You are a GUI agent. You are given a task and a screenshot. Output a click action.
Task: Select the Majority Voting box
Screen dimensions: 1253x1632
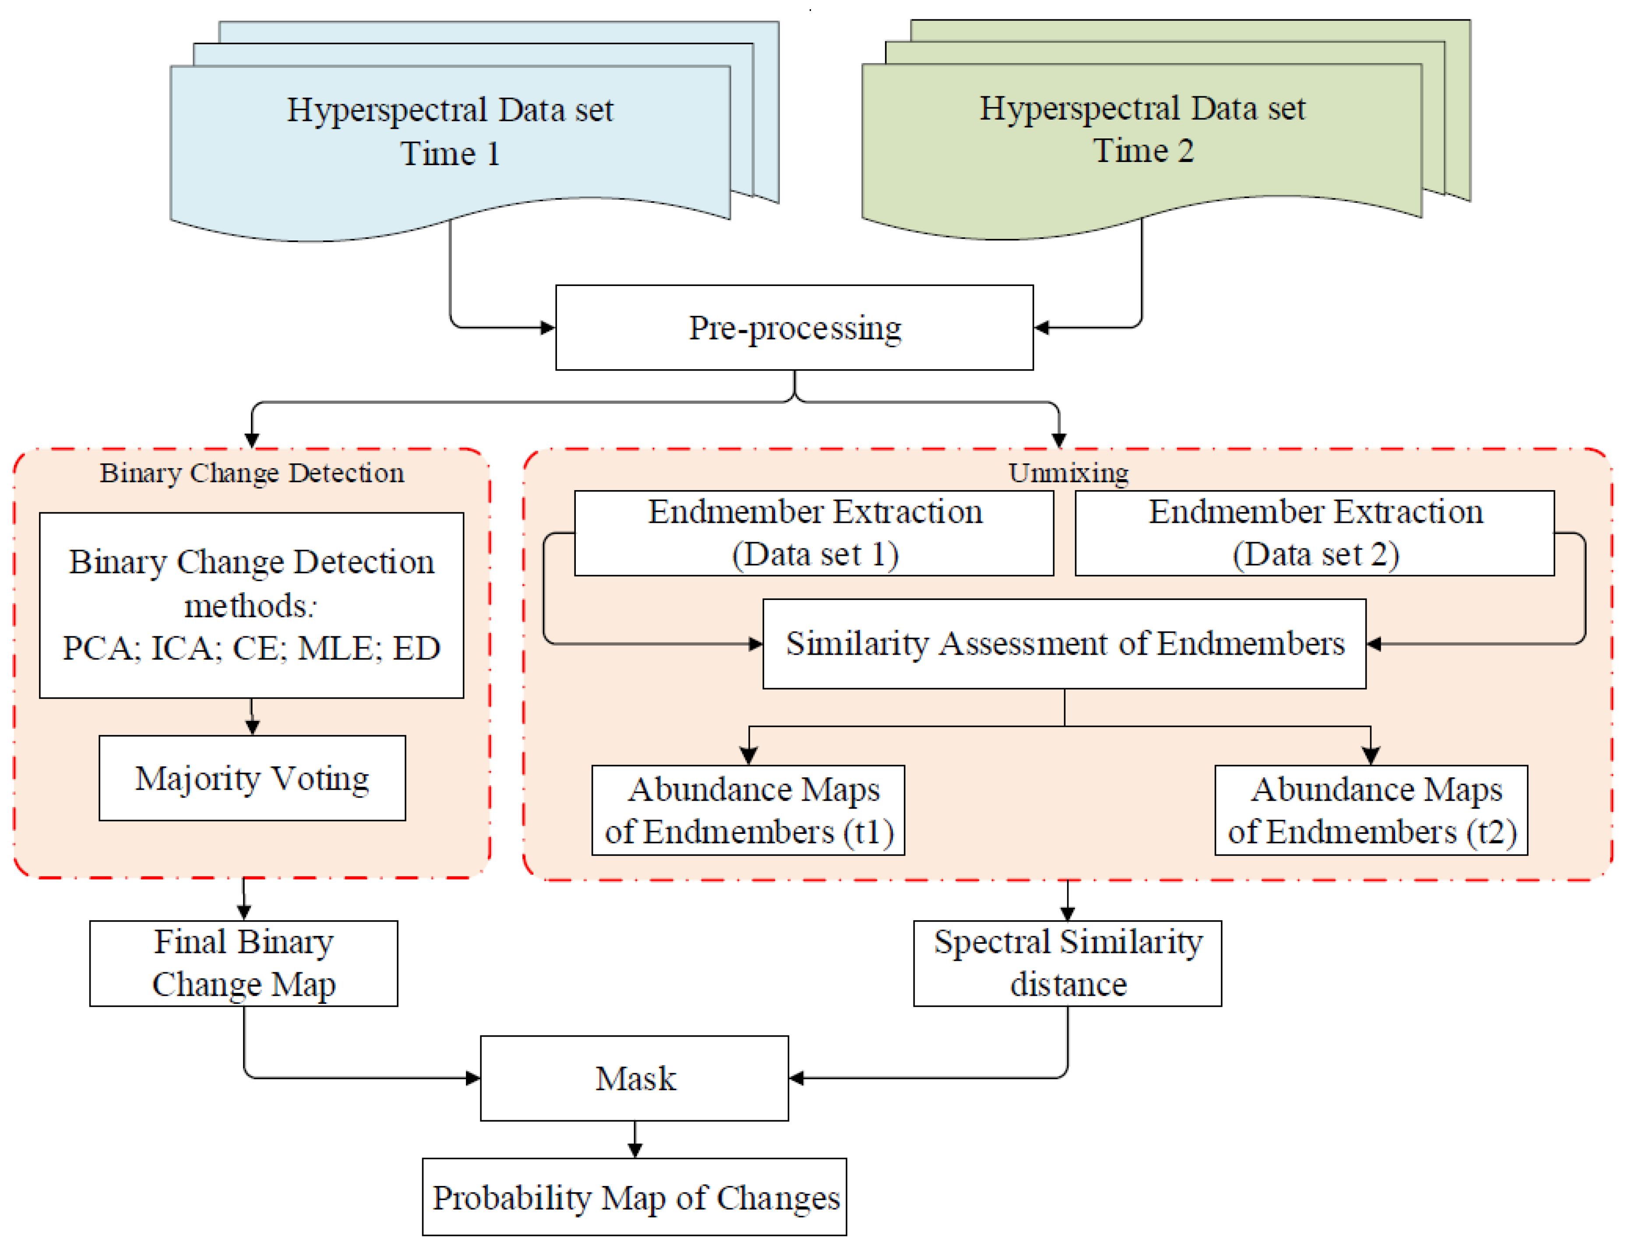pos(252,778)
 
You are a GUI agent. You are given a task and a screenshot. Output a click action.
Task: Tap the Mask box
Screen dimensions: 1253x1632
pos(634,1078)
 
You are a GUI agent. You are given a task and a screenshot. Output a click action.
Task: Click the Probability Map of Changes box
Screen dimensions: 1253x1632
pos(634,1197)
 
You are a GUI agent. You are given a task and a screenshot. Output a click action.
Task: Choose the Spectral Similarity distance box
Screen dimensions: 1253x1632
pos(1068,963)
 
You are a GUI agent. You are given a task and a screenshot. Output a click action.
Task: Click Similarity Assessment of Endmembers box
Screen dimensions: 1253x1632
pos(1064,643)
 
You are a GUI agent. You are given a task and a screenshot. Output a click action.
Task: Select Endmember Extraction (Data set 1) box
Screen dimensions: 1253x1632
pos(814,533)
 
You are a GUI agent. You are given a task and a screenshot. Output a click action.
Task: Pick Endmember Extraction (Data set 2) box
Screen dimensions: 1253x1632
pos(1315,533)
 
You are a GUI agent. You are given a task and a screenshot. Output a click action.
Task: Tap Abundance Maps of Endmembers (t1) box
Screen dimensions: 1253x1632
pos(748,810)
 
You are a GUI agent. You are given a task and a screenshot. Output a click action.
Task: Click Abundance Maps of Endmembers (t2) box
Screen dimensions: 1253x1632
pos(1371,810)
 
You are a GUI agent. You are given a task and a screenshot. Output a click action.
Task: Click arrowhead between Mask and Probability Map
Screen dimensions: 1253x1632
pos(634,1149)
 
